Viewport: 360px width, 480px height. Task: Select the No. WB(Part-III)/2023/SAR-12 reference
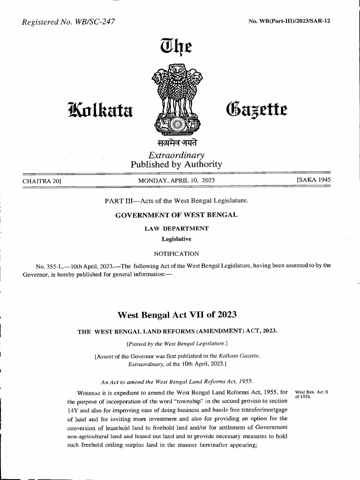tap(289, 21)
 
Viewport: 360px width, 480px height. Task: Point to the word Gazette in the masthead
tap(256, 109)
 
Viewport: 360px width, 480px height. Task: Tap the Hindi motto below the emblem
tap(177, 143)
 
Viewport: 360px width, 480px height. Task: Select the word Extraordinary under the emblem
tap(176, 155)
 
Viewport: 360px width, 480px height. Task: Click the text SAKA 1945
tap(311, 180)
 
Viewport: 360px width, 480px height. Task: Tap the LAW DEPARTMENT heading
tap(177, 229)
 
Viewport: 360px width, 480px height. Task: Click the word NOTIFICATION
tap(177, 254)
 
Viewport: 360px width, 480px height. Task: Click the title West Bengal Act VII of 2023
tap(177, 314)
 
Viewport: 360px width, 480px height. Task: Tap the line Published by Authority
tap(176, 165)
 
